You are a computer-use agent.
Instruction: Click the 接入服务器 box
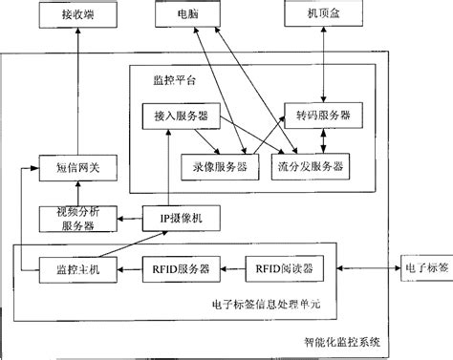(180, 116)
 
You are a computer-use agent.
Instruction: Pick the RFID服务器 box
(183, 268)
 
